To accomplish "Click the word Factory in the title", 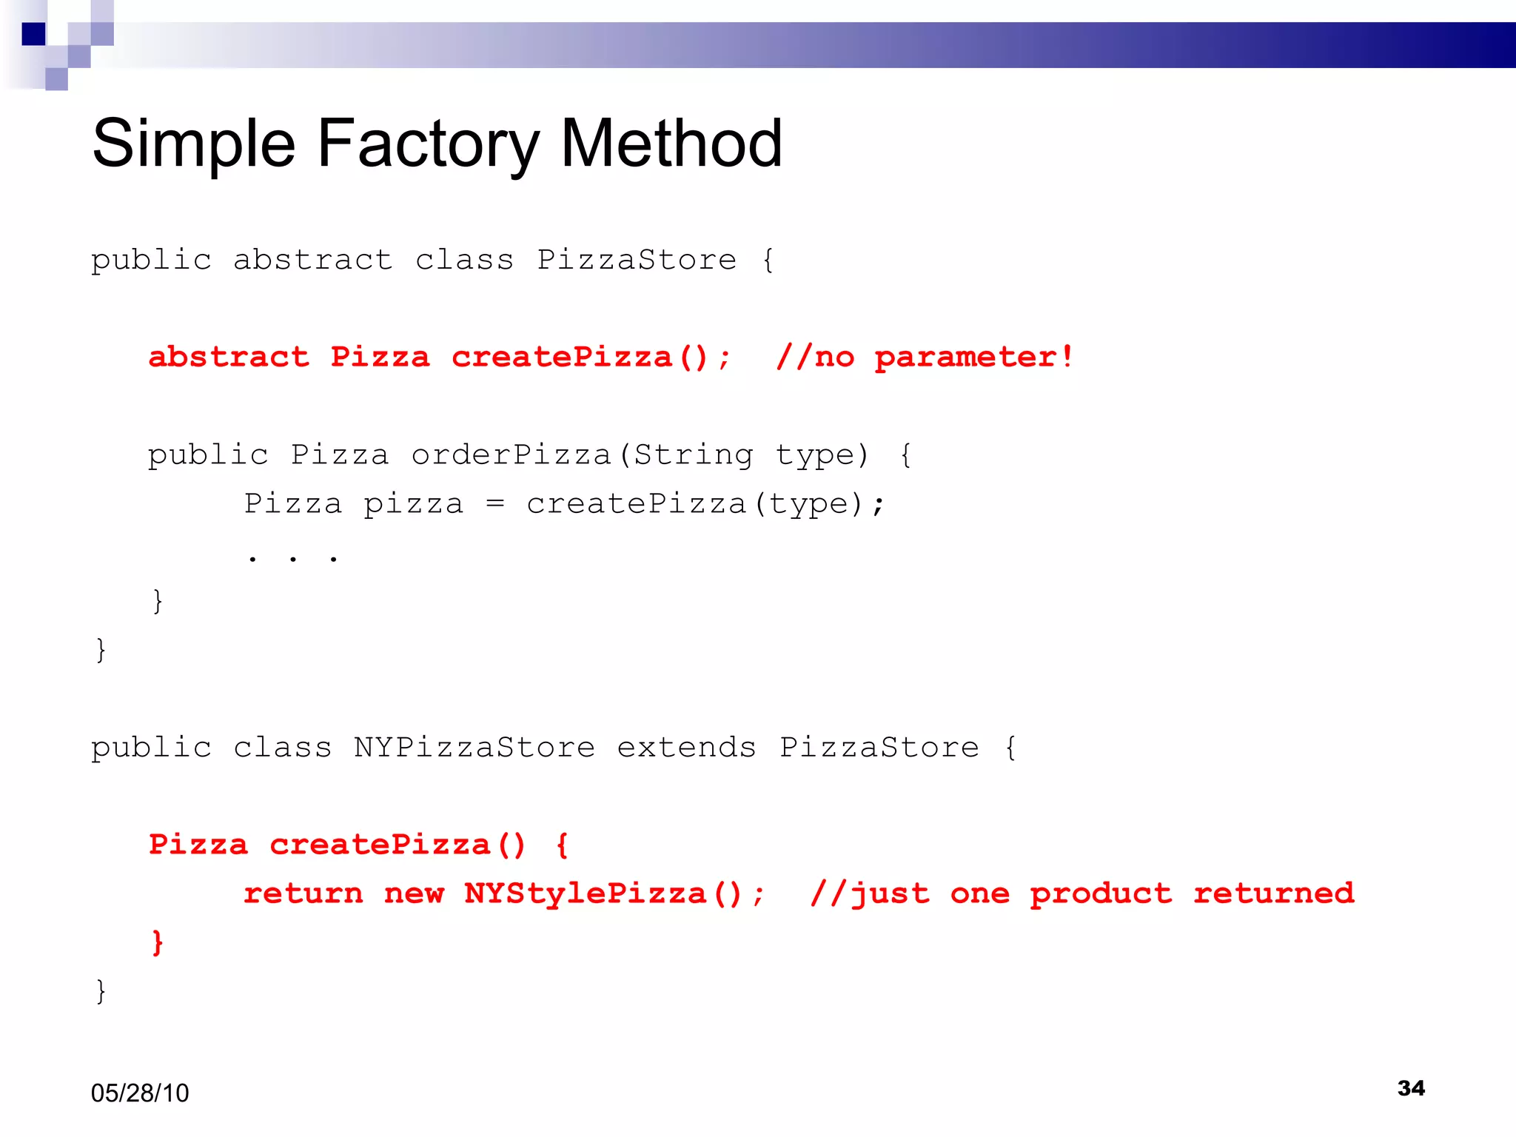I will (428, 144).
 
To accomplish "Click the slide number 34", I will (1411, 1087).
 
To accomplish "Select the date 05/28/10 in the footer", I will (140, 1093).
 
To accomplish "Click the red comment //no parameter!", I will (925, 358).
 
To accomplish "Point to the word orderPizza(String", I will (582, 455).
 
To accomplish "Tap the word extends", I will (686, 747).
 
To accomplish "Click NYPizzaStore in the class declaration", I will (474, 747).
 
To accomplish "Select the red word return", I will (303, 893).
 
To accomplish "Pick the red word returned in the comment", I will (1273, 893).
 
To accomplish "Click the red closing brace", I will (157, 942).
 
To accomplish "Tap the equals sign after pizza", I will (494, 504).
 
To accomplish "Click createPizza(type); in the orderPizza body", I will (705, 504).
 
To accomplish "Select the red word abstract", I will (229, 358).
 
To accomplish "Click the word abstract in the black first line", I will (312, 260).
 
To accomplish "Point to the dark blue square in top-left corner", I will (34, 34).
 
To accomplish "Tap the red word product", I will (1101, 894).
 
